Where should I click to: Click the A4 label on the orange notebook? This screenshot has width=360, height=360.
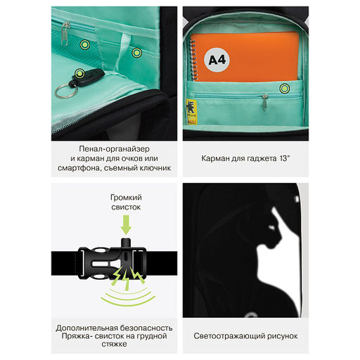217,60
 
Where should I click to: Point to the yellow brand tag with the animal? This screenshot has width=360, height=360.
191,112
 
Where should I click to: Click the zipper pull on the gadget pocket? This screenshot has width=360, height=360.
264,102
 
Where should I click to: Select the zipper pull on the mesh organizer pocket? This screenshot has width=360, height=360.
65,34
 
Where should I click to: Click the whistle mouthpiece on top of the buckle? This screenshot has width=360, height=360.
127,243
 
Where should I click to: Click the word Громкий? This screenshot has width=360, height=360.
126,198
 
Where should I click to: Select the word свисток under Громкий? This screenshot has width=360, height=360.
126,207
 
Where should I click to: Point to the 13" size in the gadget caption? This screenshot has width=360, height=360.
285,158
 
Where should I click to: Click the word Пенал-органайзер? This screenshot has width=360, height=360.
114,148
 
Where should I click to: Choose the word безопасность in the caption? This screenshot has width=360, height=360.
146,328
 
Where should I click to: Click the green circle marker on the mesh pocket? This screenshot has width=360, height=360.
85,44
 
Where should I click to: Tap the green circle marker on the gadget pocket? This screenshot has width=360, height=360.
284,89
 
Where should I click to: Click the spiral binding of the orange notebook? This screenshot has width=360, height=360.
193,60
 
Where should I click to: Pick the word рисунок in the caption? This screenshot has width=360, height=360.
283,336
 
